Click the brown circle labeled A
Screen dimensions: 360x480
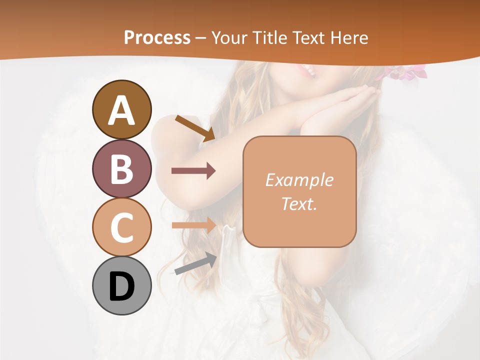121,109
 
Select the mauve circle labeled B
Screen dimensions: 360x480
121,168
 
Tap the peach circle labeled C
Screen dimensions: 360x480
121,227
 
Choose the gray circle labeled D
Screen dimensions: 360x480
121,285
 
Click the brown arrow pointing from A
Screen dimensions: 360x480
195,127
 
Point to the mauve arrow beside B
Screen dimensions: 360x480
193,171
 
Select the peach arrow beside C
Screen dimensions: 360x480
194,225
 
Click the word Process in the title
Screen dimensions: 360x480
157,37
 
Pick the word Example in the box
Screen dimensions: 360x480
299,180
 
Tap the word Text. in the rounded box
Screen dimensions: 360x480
299,203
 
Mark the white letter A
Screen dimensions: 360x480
121,110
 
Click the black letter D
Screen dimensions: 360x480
121,286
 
